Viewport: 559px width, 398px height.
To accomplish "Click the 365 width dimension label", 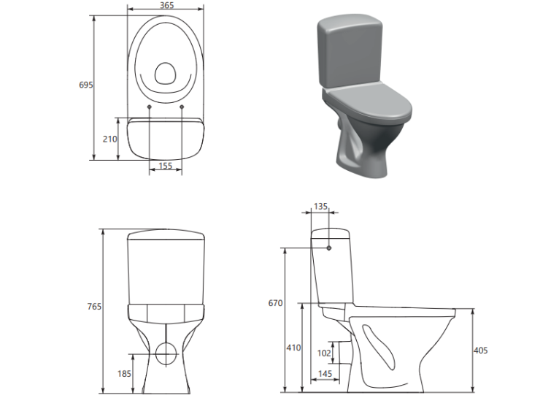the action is coord(166,5).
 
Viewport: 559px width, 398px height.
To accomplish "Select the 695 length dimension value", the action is coord(86,85).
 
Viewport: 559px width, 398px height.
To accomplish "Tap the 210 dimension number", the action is coord(109,139).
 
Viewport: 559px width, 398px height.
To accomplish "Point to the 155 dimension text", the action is coord(166,166).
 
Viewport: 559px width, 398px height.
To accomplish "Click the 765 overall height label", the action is coord(94,307).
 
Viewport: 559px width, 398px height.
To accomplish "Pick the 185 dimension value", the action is coord(124,374).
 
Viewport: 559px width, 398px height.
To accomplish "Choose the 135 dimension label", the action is coord(320,207).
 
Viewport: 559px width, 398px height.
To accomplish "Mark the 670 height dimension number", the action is coord(276,303).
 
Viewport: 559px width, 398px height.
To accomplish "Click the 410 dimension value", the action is coord(293,348).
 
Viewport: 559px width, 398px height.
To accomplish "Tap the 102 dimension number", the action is coord(324,353).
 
